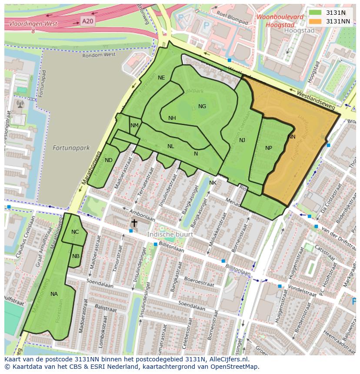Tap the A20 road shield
[87, 20]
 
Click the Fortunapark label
[71, 148]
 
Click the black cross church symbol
[134, 223]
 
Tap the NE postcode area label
[161, 78]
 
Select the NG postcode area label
[202, 106]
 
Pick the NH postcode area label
[172, 118]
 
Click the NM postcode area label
[134, 126]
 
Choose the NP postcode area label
[269, 148]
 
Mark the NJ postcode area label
[242, 140]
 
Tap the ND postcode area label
[109, 160]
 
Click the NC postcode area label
[75, 232]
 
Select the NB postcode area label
[76, 256]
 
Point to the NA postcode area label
[54, 294]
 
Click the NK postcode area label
[213, 183]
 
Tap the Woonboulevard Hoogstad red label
[280, 21]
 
